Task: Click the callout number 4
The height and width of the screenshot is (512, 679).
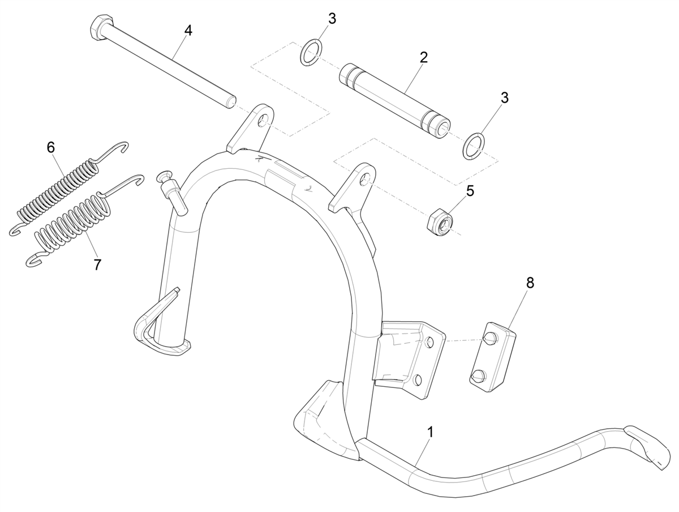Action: point(188,31)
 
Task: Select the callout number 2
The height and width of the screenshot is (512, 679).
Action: point(424,57)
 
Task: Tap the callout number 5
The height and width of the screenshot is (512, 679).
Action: point(470,191)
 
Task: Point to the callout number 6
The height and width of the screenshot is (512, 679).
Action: point(51,148)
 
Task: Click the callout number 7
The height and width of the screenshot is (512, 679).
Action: point(97,264)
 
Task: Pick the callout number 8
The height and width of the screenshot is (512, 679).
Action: point(530,283)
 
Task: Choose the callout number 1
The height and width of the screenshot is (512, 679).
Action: point(430,432)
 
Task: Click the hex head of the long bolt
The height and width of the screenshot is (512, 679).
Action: point(100,26)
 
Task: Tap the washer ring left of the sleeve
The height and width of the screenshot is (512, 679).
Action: point(311,52)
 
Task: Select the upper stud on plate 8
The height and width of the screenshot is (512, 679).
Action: point(491,339)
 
